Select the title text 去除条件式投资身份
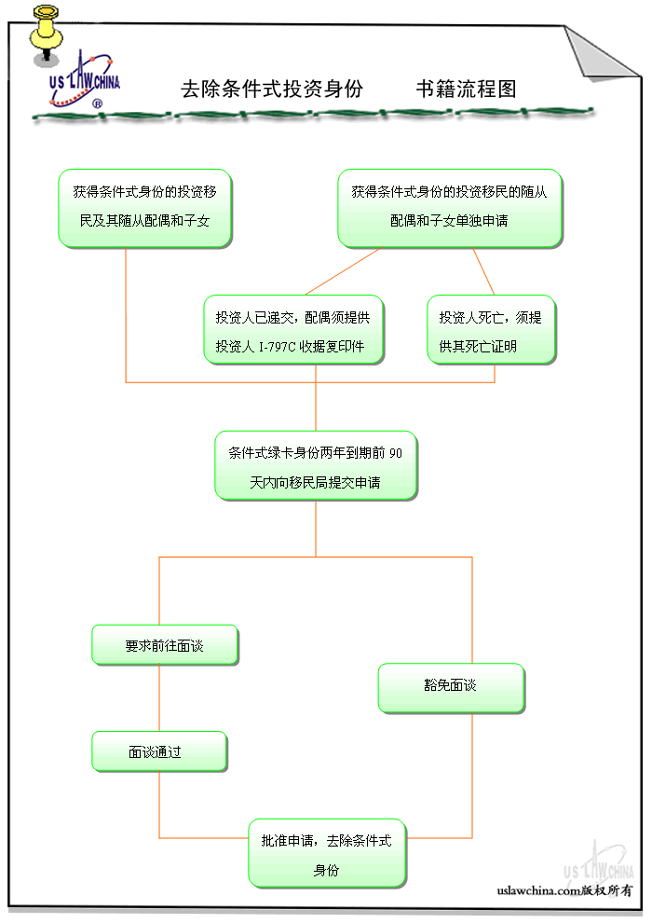(271, 90)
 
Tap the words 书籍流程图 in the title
(466, 90)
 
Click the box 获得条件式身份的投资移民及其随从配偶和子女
(144, 208)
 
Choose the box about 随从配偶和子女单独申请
(449, 208)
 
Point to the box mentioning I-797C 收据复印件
(292, 331)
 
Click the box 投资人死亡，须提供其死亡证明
(491, 331)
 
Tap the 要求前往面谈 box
(164, 645)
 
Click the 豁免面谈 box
(451, 688)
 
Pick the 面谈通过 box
(158, 752)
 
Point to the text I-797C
(273, 347)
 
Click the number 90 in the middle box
(396, 454)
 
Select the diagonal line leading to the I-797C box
(343, 270)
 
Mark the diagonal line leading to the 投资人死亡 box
(482, 271)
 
